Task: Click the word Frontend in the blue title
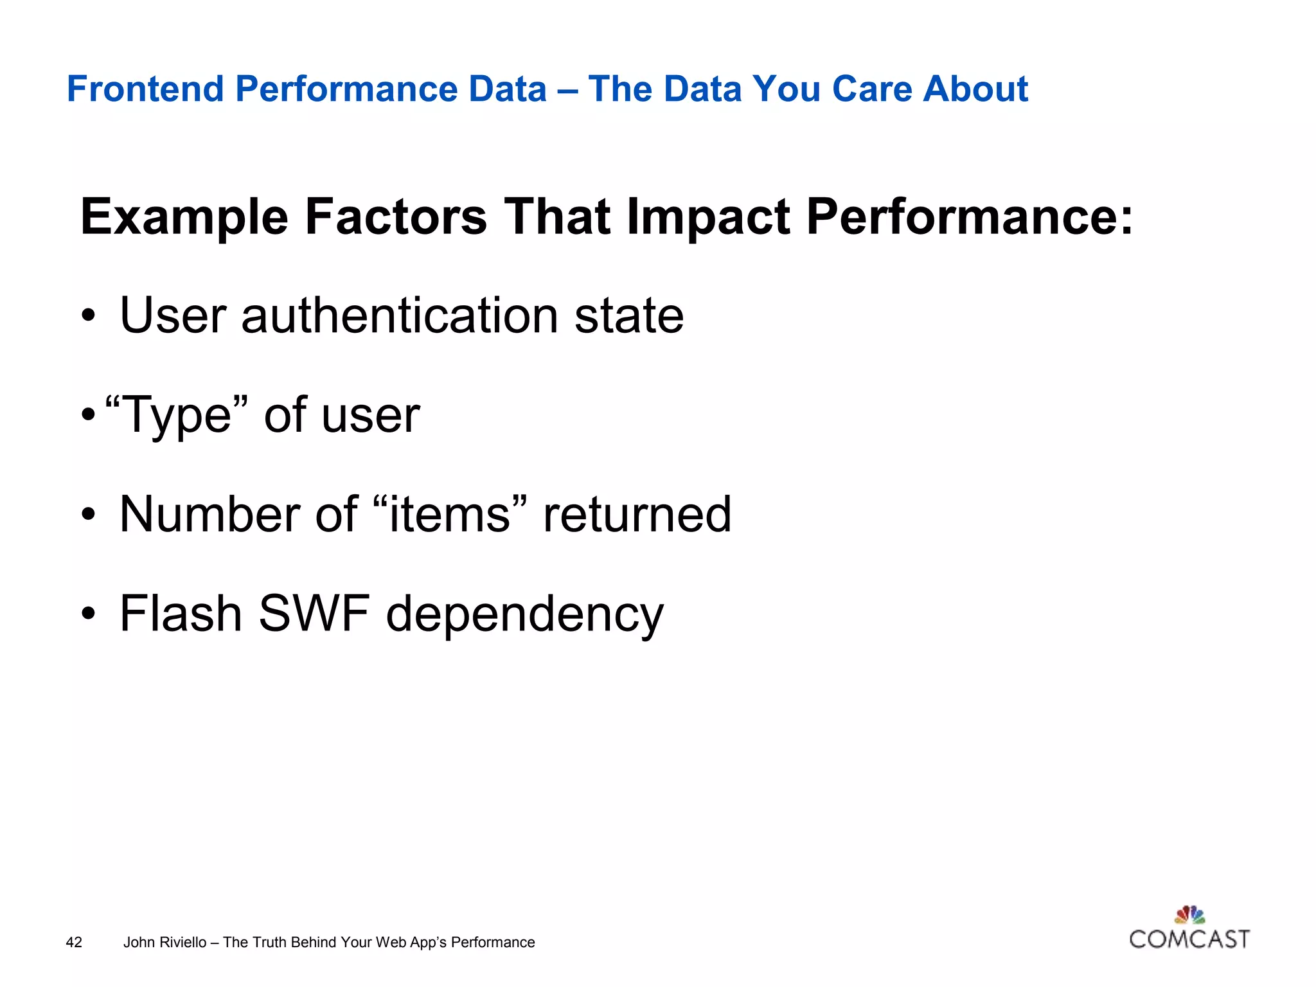coord(145,89)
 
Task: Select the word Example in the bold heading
coord(184,217)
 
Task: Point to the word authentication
coord(400,316)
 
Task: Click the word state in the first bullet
coord(628,316)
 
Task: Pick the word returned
coord(637,514)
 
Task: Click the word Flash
coord(181,613)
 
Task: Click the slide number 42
coord(74,942)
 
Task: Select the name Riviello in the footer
coord(183,942)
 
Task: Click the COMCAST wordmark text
coord(1189,939)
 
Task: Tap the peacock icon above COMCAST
coord(1189,914)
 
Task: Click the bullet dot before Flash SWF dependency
coord(89,614)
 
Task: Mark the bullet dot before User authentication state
coord(89,316)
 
